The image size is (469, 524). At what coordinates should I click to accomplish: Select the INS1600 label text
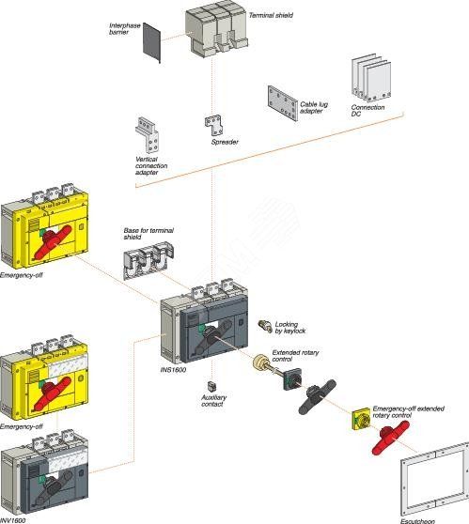click(x=173, y=369)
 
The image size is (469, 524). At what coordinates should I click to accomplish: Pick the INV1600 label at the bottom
click(x=14, y=517)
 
